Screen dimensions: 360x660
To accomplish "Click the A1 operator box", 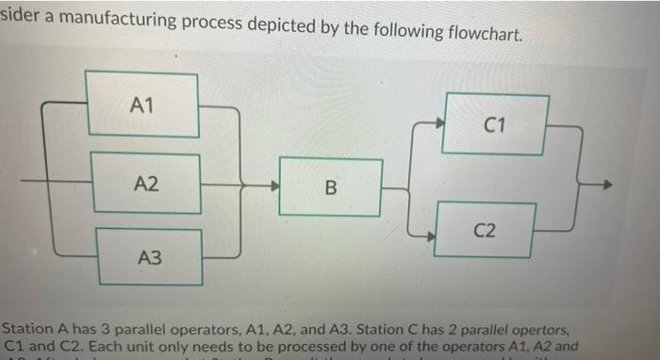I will point(142,105).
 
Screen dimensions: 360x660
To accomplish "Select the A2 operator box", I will point(146,179).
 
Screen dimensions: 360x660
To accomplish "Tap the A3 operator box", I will point(149,255).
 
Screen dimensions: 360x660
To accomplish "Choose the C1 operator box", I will point(496,123).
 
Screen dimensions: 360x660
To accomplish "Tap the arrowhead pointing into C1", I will point(439,121).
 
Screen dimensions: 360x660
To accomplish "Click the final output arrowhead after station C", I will point(607,185).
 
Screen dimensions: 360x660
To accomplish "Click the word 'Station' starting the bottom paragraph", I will point(28,330).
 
